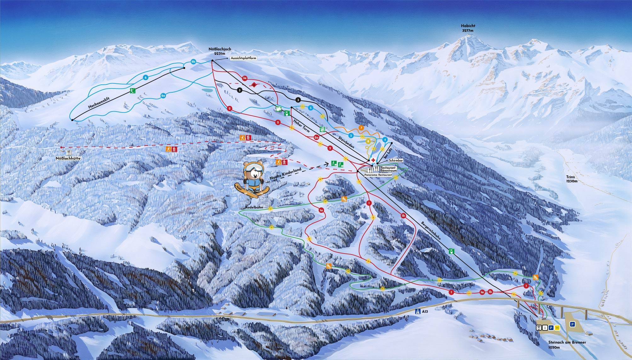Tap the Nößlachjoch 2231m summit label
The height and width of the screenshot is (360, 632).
tap(220, 51)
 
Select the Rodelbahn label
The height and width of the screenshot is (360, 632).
tap(256, 208)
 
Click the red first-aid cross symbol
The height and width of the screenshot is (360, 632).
tap(373, 160)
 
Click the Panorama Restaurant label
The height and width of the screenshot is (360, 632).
tap(378, 174)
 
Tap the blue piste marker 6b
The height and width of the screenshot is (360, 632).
tap(194, 62)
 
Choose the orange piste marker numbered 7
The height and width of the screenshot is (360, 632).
tap(361, 128)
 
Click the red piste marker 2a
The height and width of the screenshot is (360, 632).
tap(317, 137)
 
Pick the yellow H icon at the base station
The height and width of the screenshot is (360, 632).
tap(557, 328)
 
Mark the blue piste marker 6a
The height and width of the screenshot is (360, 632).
tap(163, 96)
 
